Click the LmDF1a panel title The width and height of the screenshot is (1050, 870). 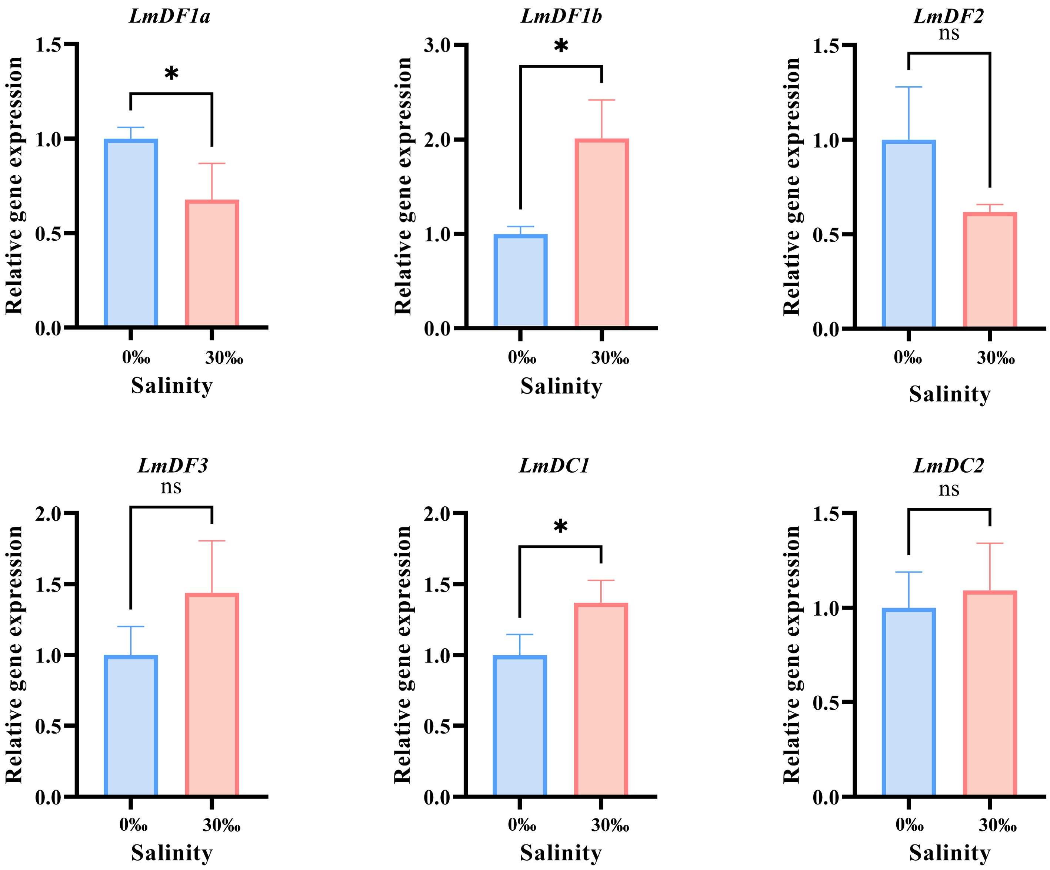(170, 17)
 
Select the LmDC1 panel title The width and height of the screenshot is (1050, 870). (554, 466)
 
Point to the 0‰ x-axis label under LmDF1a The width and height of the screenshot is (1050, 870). (136, 358)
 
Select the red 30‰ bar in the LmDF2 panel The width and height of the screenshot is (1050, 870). (990, 270)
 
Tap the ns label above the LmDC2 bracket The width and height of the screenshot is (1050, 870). (949, 489)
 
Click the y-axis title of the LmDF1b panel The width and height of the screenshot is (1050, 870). (403, 186)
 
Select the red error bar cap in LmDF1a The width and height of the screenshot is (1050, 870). (212, 163)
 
